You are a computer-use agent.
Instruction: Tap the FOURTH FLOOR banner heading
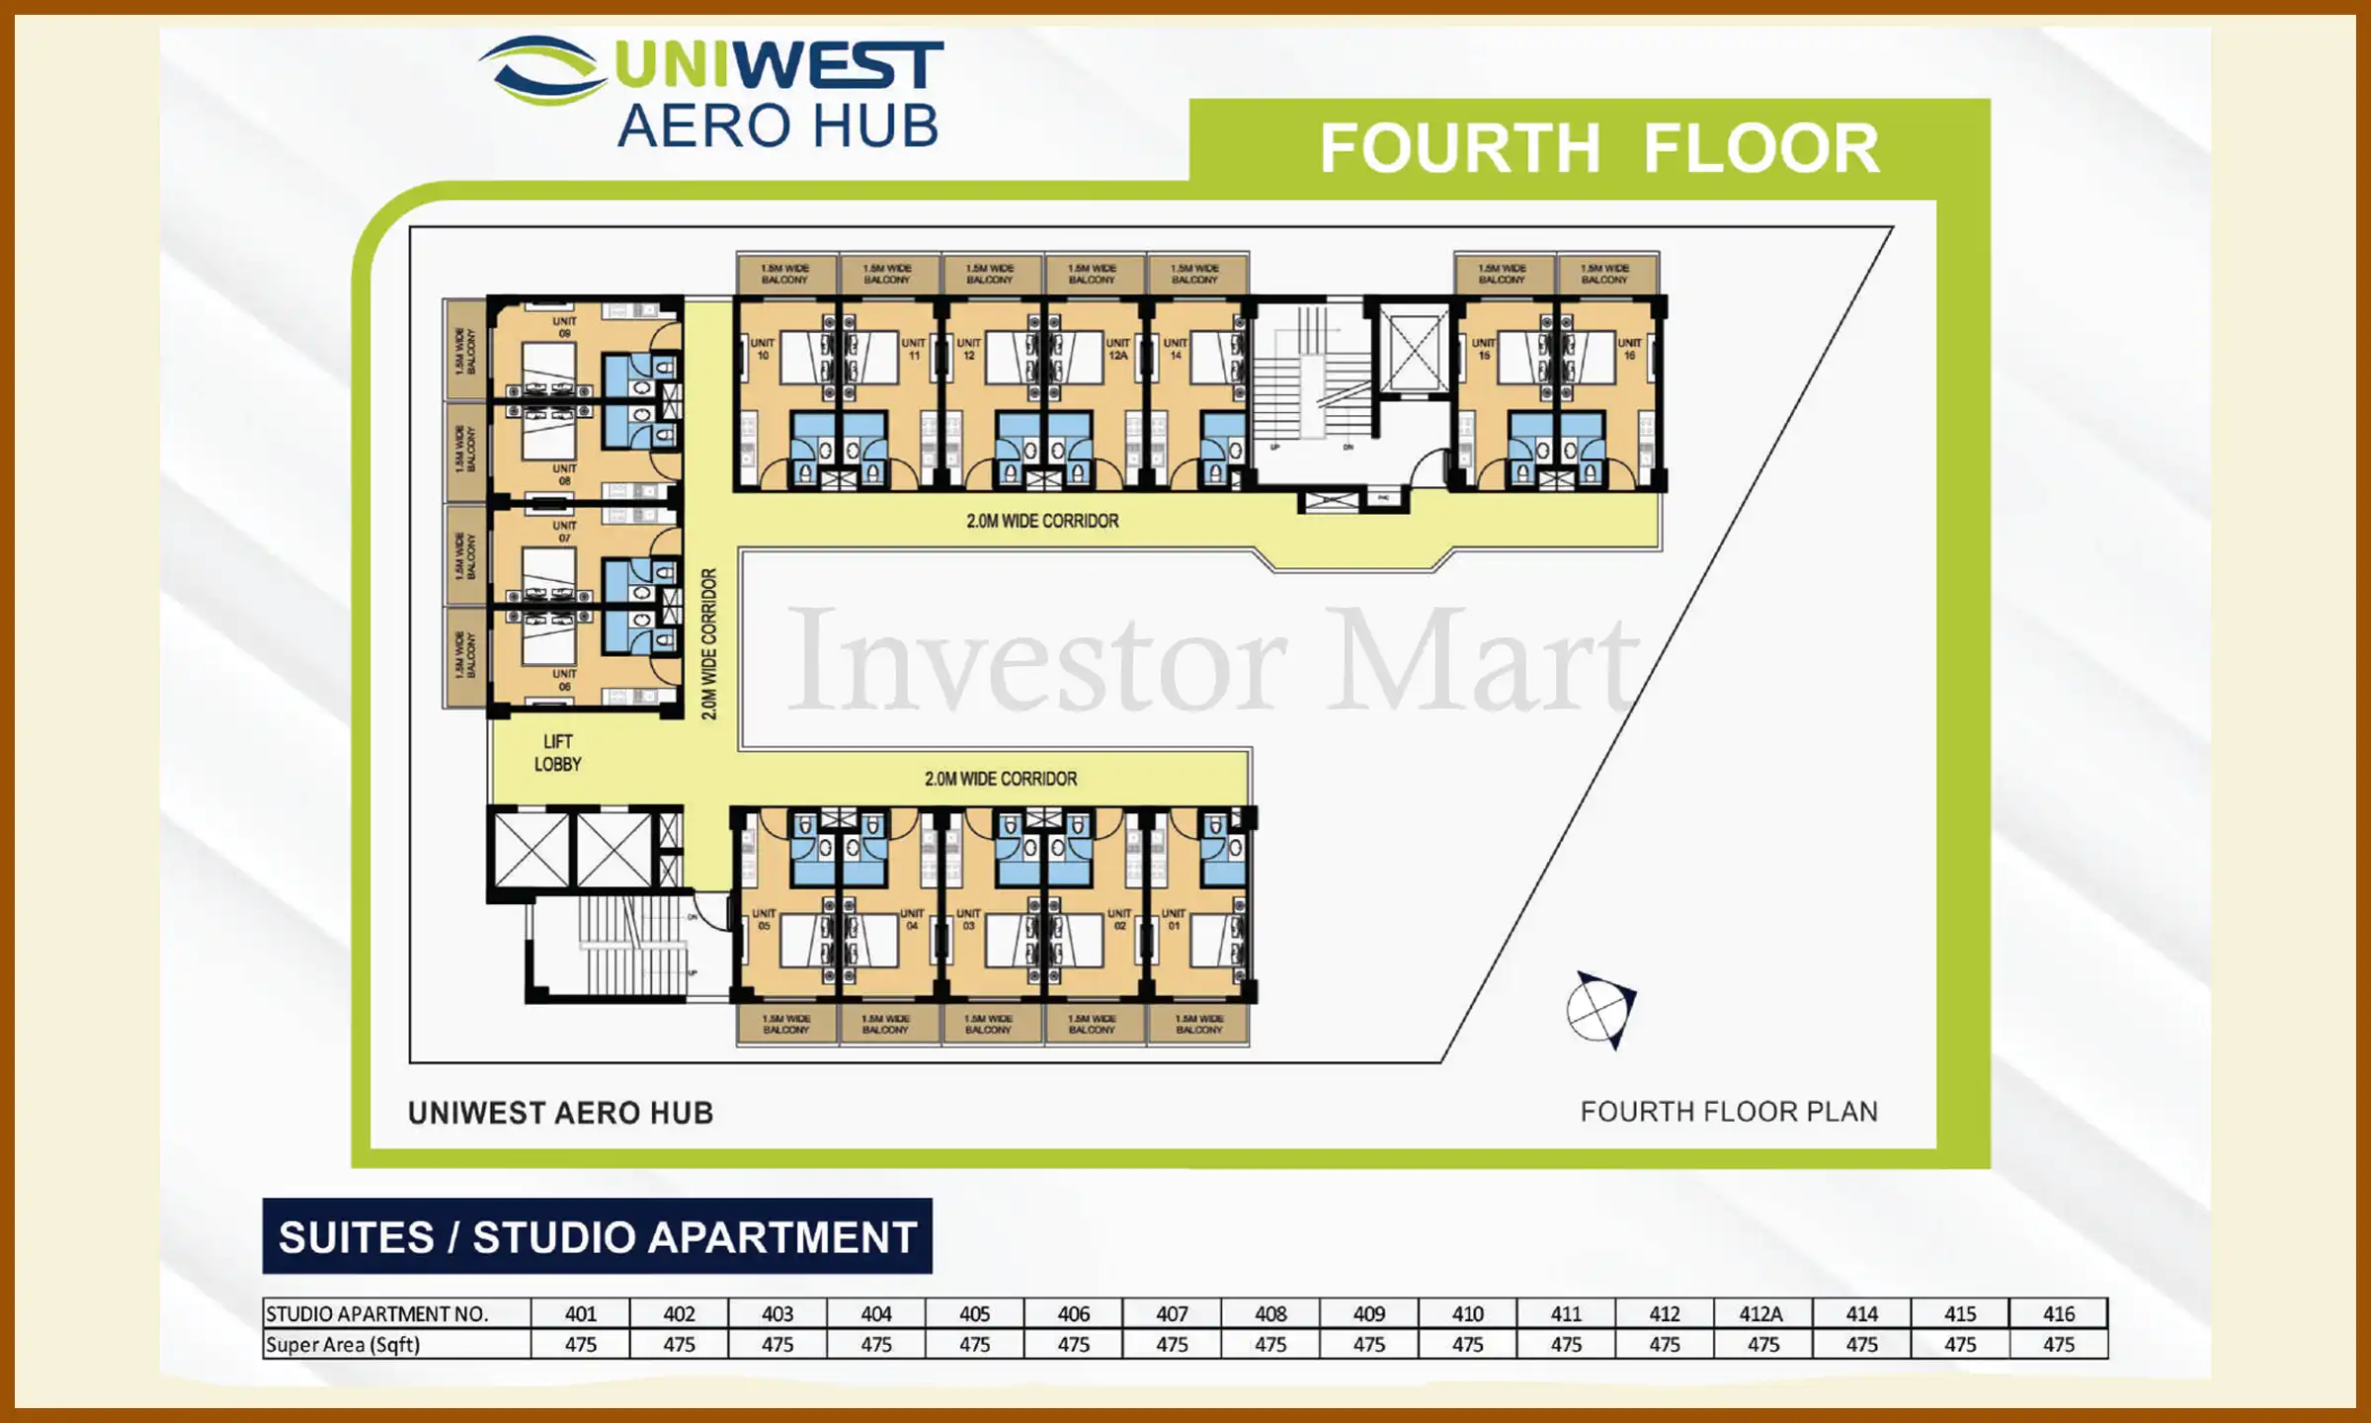pos(1598,148)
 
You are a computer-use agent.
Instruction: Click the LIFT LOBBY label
pos(557,753)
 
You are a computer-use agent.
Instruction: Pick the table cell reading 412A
pos(1761,1314)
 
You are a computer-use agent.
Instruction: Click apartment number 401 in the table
pos(581,1314)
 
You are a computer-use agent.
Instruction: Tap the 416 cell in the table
pos(2058,1314)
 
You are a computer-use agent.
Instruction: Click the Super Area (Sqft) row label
pos(343,1345)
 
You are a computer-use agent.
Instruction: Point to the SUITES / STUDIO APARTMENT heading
pos(598,1237)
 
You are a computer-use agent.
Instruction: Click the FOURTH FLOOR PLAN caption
pos(1728,1112)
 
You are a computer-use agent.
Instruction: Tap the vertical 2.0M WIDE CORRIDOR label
pos(709,644)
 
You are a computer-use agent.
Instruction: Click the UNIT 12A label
pos(1117,349)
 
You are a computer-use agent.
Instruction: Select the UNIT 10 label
pos(763,349)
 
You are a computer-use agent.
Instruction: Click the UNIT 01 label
pos(1173,920)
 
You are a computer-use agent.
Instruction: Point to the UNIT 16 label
pos(1629,349)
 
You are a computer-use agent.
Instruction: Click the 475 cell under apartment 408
pos(1270,1345)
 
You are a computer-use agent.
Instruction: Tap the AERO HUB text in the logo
pos(777,126)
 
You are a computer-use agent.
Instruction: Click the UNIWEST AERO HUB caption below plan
pos(560,1114)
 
